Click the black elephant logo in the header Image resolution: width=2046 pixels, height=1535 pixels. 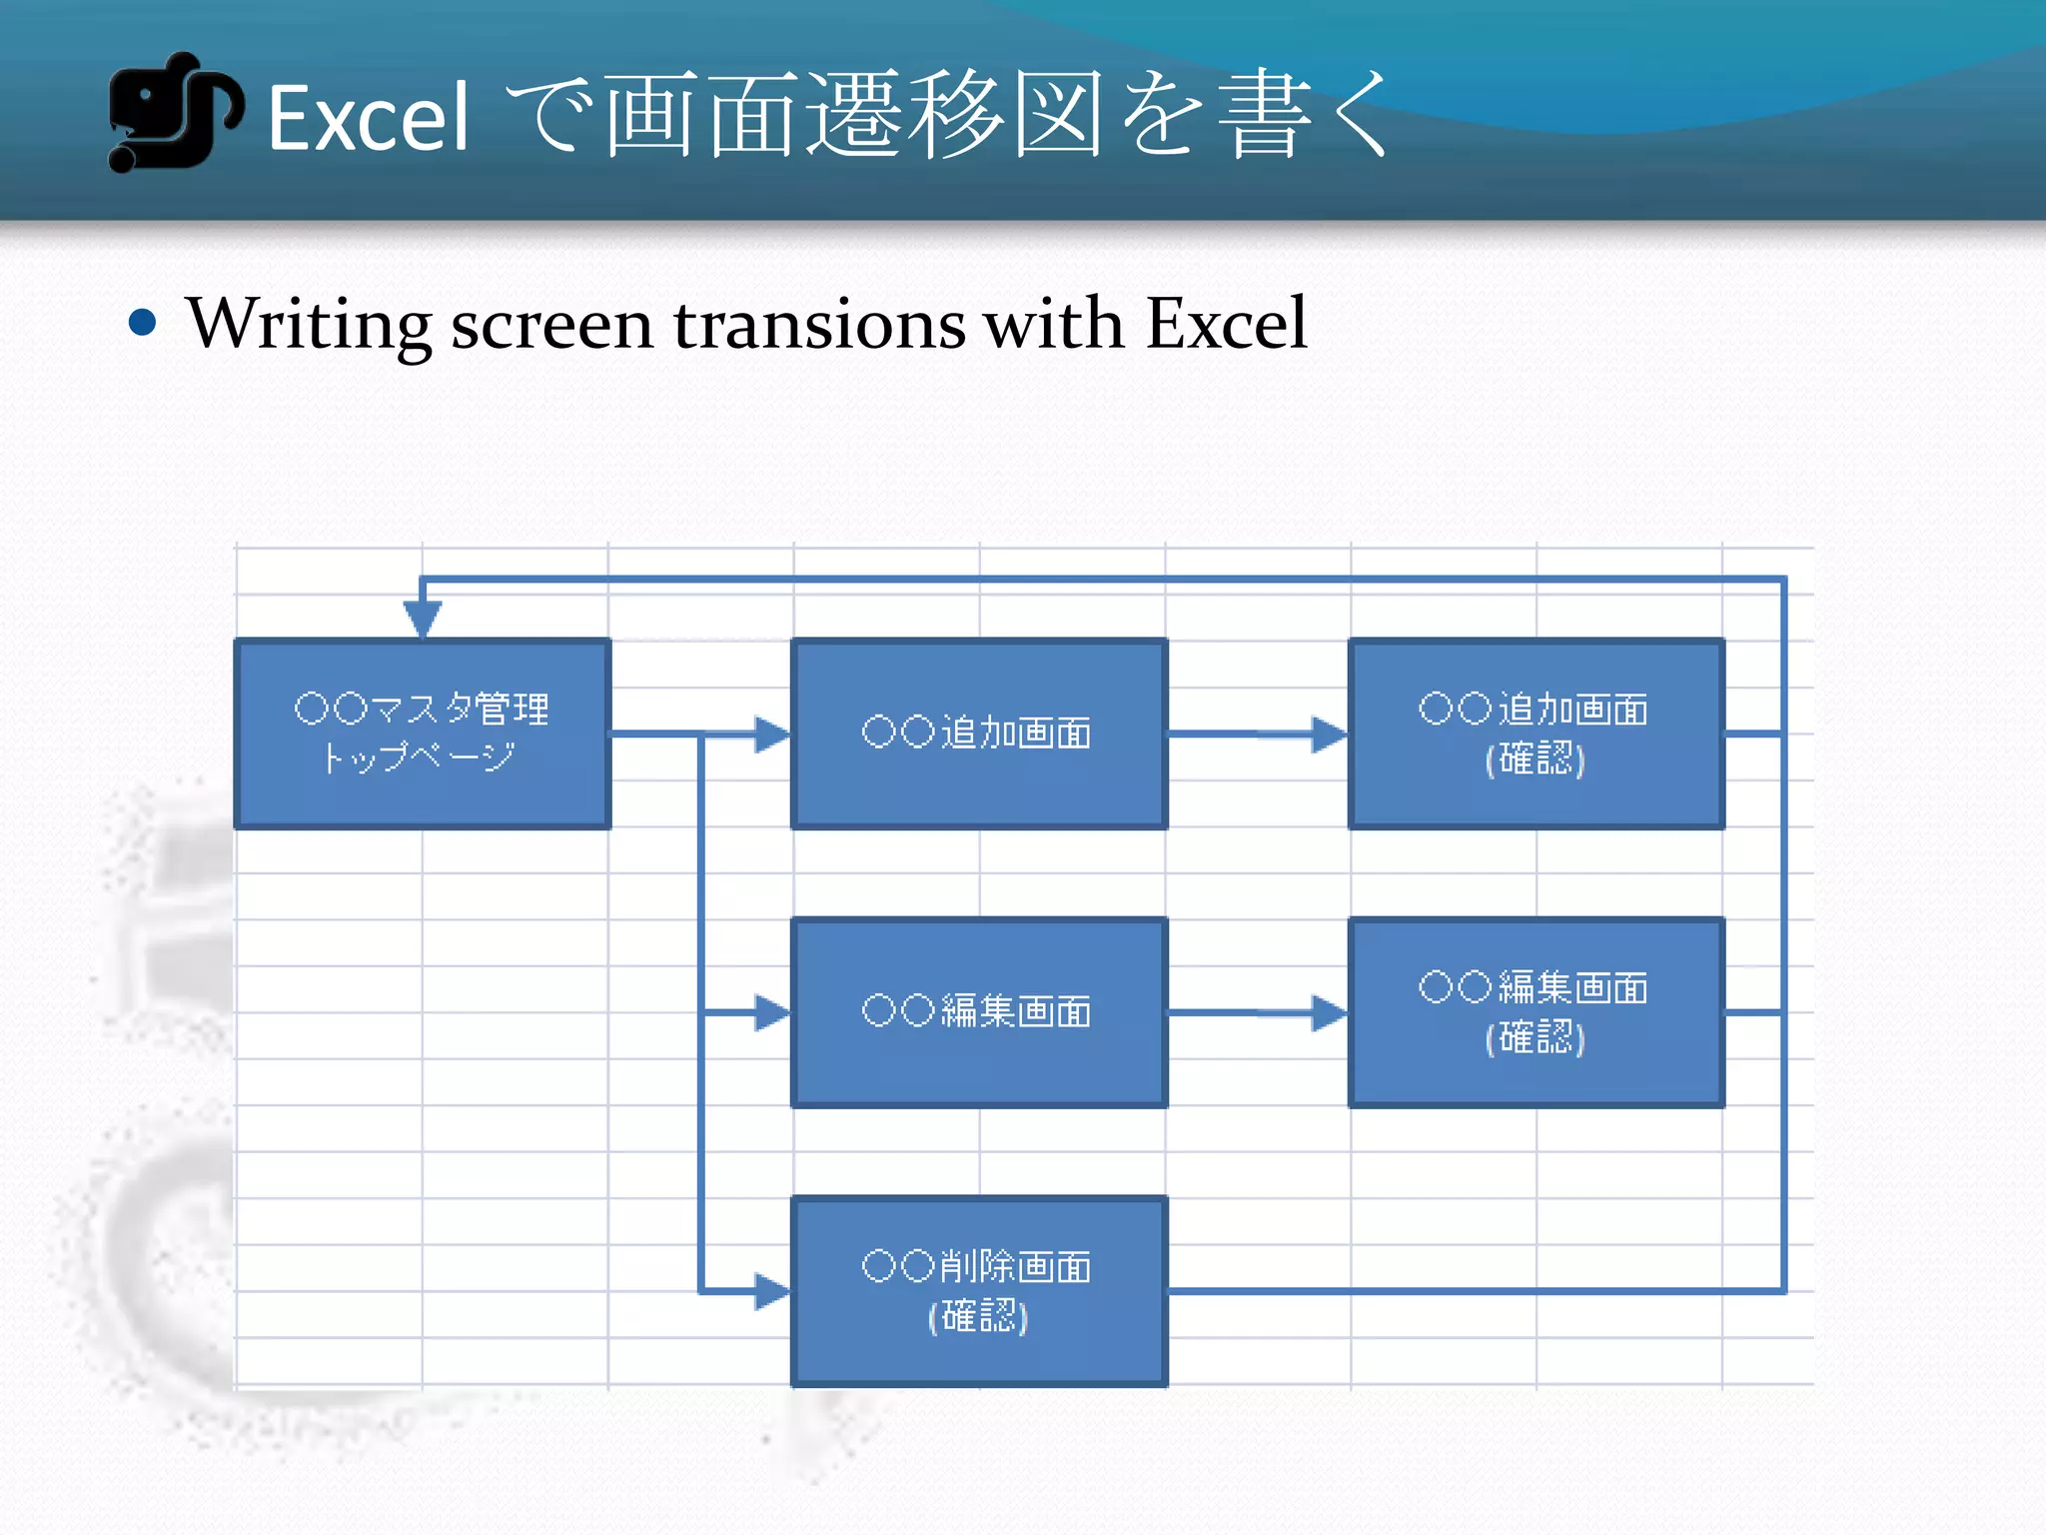(173, 112)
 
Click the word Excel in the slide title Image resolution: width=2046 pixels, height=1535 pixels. (369, 119)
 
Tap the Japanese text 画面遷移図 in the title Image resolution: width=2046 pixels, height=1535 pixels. (854, 115)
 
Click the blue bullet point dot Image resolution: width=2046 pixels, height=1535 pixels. (143, 322)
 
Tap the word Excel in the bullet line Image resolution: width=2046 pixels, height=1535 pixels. (1226, 323)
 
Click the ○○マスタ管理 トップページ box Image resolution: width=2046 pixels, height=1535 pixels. (422, 734)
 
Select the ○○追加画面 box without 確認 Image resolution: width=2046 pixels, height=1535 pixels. (979, 734)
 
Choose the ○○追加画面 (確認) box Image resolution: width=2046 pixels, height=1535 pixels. (1535, 734)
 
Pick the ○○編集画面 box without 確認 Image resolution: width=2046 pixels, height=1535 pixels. (979, 1012)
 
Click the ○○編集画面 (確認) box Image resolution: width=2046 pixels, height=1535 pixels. (1535, 1012)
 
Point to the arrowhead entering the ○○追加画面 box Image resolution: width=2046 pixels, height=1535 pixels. (772, 735)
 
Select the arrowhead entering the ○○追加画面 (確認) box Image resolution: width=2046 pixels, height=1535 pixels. (1330, 735)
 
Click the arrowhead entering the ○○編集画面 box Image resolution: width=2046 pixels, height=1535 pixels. (772, 1012)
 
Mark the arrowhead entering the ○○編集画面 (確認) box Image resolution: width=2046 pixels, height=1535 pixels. (1330, 1012)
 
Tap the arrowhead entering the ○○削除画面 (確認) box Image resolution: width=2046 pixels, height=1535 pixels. (772, 1291)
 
